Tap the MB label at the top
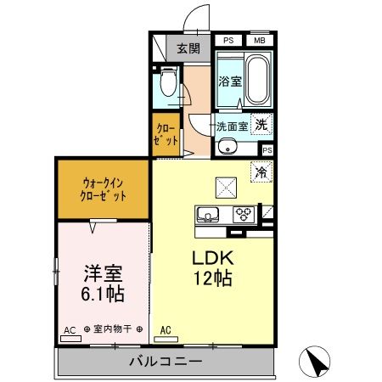click(x=257, y=40)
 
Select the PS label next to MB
click(x=228, y=40)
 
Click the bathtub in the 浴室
click(x=256, y=80)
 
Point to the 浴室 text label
click(x=229, y=82)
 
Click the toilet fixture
click(x=168, y=83)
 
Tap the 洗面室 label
click(x=230, y=125)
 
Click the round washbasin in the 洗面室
click(x=226, y=147)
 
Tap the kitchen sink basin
click(x=209, y=213)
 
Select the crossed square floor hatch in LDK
click(x=225, y=183)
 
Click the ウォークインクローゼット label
click(x=104, y=188)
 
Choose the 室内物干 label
click(x=109, y=329)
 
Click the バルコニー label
click(x=166, y=362)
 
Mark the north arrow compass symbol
click(x=317, y=362)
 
